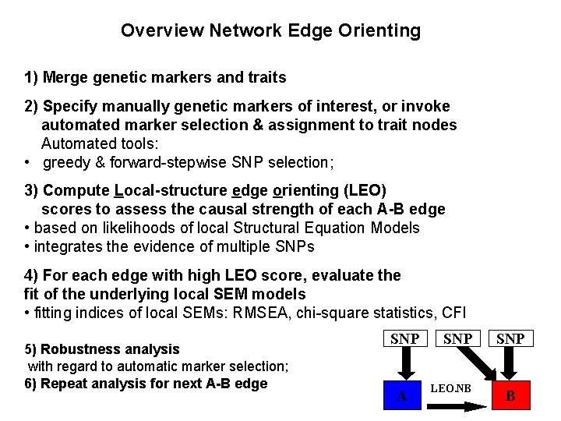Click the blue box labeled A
pos(403,395)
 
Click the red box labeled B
pos(510,395)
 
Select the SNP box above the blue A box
pos(405,339)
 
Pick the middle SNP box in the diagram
pos(457,339)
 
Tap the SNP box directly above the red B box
pos(511,339)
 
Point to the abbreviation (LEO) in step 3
pos(365,191)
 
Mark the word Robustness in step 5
pos(77,348)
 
